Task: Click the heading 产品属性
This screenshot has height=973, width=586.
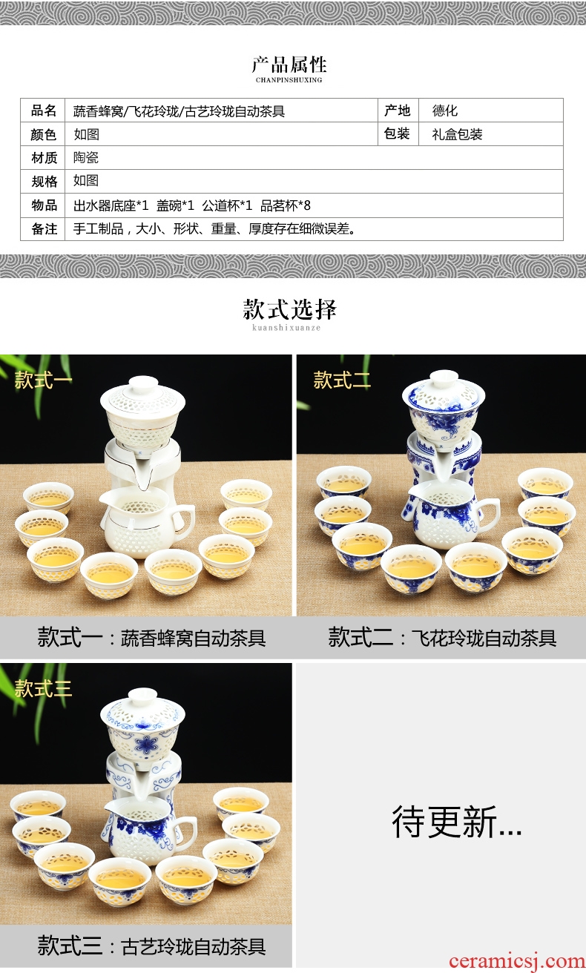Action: [x=289, y=65]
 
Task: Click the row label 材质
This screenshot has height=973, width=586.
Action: [x=44, y=158]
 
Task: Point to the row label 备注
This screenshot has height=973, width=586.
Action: [x=44, y=229]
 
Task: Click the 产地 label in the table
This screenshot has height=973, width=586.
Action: [x=397, y=111]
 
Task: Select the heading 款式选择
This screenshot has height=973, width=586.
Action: [x=289, y=309]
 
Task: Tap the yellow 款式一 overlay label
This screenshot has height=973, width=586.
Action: [x=43, y=380]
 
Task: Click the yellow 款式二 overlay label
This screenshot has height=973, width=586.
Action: [x=342, y=380]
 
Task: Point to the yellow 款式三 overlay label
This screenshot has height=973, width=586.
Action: [x=43, y=688]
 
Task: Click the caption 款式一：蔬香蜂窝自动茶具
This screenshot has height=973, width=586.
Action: [x=151, y=638]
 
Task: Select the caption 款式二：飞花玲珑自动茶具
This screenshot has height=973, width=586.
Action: [x=442, y=638]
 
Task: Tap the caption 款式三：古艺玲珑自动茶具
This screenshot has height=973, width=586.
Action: [x=151, y=946]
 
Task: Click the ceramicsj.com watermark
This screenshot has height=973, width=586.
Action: [x=517, y=961]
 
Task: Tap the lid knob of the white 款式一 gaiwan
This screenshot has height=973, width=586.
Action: [x=143, y=383]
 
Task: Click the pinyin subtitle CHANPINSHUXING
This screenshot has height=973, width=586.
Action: [x=289, y=80]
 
